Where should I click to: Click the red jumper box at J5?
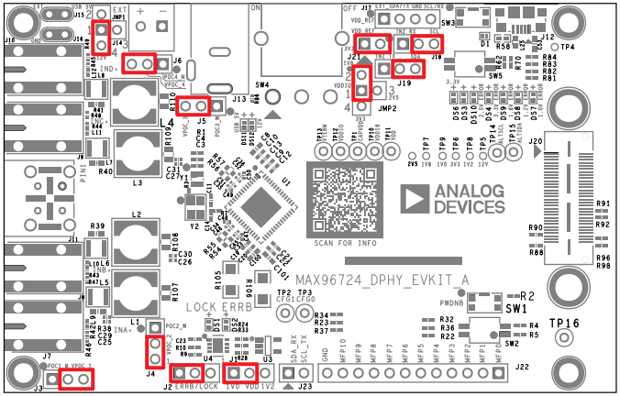tap(194, 107)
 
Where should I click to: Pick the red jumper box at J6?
tap(138, 63)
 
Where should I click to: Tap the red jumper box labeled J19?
tap(407, 68)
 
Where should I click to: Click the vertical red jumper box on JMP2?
tap(361, 82)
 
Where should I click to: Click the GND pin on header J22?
tap(325, 372)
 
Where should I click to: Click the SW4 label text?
tap(262, 84)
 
